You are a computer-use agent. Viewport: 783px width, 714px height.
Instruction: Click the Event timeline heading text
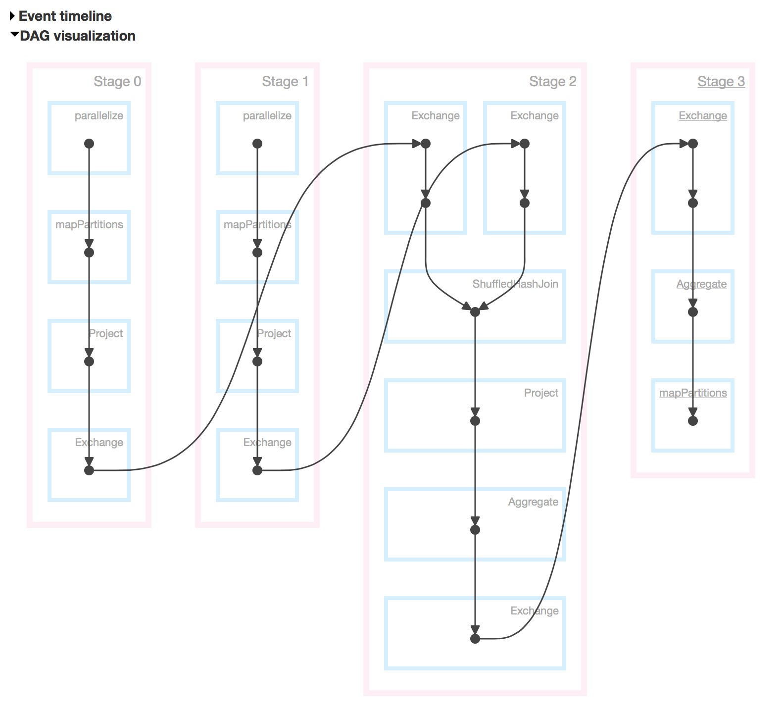[65, 16]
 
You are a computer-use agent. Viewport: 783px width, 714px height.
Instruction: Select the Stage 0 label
[117, 81]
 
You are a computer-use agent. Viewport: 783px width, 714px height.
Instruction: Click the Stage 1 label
[285, 81]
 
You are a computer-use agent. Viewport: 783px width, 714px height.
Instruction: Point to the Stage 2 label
[552, 81]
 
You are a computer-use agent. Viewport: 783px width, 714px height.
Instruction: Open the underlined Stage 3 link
[721, 81]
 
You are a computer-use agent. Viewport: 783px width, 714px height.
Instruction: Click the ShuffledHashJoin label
[515, 284]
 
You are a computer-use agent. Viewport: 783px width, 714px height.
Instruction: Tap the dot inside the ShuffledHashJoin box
[475, 312]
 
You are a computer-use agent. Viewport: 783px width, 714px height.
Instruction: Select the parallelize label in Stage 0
[98, 115]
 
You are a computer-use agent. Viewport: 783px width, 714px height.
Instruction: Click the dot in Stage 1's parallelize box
[257, 144]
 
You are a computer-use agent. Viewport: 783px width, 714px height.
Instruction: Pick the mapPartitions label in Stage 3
[693, 393]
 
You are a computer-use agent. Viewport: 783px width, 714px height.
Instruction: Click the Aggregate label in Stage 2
[533, 502]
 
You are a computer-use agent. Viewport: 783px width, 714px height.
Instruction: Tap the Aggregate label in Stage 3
[701, 284]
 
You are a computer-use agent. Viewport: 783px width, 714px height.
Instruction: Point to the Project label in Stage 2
[541, 393]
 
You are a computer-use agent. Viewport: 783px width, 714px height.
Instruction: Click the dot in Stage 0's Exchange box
[89, 470]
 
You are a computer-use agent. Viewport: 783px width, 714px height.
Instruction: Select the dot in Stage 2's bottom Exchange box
[475, 639]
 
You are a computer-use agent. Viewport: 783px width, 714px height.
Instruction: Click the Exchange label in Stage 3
[703, 115]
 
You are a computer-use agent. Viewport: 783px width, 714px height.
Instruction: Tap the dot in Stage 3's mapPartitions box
[693, 421]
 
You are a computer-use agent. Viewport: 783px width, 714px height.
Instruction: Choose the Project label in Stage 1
[274, 333]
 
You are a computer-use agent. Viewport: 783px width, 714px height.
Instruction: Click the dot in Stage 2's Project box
[475, 421]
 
